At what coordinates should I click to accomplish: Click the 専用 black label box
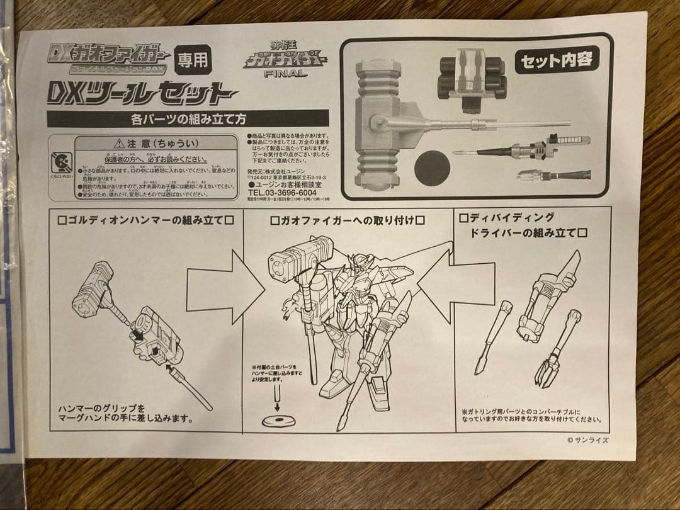coord(193,60)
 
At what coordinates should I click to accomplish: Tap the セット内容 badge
coord(557,60)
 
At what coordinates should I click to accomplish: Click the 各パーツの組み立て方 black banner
coord(188,118)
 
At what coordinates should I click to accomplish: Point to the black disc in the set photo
coord(433,168)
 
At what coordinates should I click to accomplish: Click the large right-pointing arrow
coord(224,286)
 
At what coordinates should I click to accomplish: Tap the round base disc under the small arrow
coord(277,421)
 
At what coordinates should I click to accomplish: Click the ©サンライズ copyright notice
coord(587,441)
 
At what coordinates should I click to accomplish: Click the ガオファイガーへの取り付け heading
coord(347,220)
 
